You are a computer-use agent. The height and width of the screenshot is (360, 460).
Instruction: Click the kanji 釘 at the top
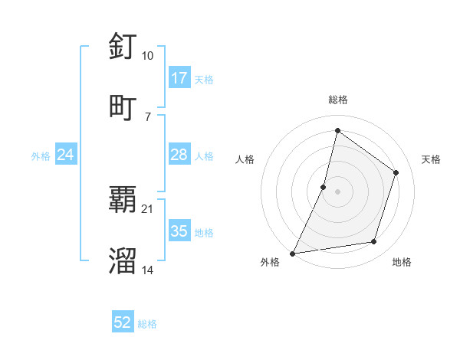(x=123, y=47)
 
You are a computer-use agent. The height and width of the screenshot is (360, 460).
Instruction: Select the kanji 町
(x=123, y=106)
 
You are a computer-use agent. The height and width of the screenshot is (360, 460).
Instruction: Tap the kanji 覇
(x=123, y=201)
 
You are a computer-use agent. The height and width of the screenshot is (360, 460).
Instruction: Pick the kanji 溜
(x=123, y=260)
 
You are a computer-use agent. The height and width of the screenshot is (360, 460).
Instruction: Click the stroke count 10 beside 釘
(x=148, y=56)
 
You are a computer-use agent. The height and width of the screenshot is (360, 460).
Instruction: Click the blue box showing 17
(x=179, y=78)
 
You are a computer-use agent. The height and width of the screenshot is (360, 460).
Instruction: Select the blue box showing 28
(x=179, y=155)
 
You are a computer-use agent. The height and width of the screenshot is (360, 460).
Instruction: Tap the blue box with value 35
(x=179, y=231)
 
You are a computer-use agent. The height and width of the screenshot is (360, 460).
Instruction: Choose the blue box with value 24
(x=66, y=155)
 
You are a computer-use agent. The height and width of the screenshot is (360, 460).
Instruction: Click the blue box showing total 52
(x=123, y=322)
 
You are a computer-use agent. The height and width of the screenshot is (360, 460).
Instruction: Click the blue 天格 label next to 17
(x=204, y=79)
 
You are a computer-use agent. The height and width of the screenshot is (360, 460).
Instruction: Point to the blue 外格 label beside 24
(x=41, y=156)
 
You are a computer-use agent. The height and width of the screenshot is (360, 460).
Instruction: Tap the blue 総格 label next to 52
(x=147, y=324)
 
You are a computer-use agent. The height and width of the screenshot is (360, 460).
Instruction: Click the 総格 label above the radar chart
(x=338, y=100)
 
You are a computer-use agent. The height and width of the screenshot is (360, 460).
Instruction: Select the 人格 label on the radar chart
(x=245, y=159)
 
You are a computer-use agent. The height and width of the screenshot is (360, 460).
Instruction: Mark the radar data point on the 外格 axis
(x=293, y=253)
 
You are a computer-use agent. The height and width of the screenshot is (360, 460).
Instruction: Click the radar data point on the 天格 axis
(x=396, y=172)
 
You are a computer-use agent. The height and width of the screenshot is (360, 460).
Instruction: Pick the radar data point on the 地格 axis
(x=374, y=242)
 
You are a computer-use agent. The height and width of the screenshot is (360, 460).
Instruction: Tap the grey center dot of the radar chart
(x=338, y=191)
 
